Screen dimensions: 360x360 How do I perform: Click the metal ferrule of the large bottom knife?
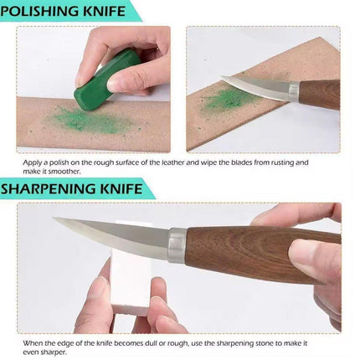tap(177, 245)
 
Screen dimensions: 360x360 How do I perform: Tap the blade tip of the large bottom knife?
tap(54, 219)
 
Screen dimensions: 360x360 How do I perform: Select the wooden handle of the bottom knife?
tap(262, 254)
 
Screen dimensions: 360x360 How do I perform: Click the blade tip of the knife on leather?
tap(223, 78)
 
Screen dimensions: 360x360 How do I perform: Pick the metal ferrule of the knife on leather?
tap(294, 91)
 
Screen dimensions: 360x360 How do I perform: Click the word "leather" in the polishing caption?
tap(173, 162)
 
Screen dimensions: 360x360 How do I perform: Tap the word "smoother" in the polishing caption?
tap(64, 172)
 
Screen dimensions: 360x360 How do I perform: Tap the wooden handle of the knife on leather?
tap(320, 94)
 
